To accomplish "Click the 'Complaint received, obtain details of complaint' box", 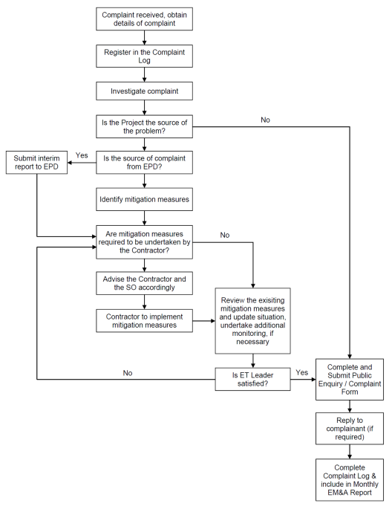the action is pos(144,19).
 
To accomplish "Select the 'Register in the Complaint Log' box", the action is pos(144,56).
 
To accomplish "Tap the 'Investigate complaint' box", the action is pos(144,91).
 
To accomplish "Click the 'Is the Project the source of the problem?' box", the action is pos(144,126).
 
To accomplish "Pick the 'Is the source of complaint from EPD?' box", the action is pos(144,162).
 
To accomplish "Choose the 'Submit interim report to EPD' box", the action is pos(36,162).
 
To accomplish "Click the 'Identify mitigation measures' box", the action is pos(144,199).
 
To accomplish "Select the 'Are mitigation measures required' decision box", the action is pos(144,242).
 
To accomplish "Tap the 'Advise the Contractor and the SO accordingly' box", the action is pos(144,283).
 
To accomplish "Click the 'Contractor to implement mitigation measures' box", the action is pos(144,321).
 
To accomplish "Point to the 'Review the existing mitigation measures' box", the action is pos(252,321).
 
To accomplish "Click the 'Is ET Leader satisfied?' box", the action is pos(252,379).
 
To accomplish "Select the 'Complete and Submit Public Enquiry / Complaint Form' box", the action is pos(350,380).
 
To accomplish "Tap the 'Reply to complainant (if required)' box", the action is pos(350,429).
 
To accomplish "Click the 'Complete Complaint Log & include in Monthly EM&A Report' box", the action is pos(350,480).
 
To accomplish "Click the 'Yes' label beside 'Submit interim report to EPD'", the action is pos(82,155).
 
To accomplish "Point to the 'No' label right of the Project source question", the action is pos(265,120).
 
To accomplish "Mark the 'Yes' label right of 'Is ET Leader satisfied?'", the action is pos(302,372).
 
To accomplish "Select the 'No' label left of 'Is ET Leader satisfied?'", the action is pos(128,373).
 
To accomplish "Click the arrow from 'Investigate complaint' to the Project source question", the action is pos(144,108).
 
